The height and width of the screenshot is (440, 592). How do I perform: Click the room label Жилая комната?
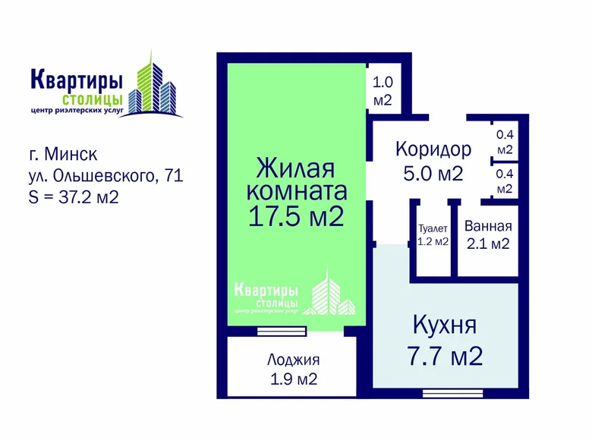(x=296, y=178)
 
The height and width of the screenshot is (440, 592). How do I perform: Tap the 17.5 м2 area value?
(x=296, y=216)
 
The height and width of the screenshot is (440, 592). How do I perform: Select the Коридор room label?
(x=433, y=149)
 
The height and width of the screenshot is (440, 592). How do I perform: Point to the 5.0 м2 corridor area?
(x=433, y=173)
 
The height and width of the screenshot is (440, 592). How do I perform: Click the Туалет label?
(x=433, y=228)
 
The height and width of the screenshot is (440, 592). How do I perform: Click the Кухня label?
(x=444, y=327)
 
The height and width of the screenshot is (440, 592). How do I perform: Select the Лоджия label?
(x=293, y=360)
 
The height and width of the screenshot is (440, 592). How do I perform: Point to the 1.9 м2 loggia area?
(x=293, y=379)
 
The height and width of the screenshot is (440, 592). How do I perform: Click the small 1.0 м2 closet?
(x=381, y=90)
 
